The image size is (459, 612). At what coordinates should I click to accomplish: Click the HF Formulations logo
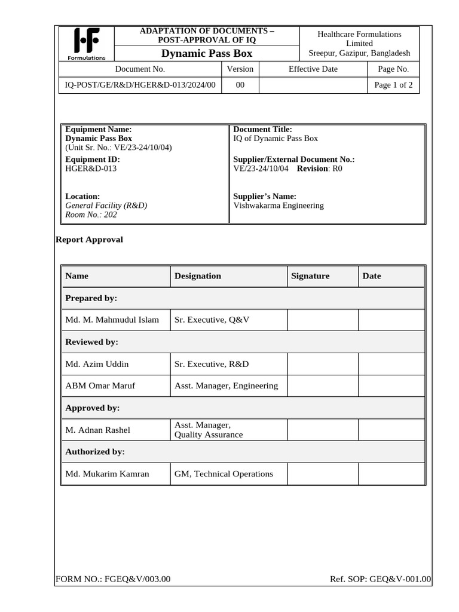point(86,44)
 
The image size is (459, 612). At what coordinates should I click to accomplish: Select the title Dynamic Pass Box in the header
point(207,54)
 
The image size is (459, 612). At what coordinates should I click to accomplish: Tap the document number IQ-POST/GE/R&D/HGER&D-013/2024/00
point(140,85)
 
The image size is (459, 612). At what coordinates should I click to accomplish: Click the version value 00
point(240,85)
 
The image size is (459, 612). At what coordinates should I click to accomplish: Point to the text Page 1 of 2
point(393,85)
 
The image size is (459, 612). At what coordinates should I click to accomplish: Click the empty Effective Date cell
point(313,85)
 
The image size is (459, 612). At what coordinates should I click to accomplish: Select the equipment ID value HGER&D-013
point(91,169)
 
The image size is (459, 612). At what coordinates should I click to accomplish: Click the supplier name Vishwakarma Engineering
point(279,205)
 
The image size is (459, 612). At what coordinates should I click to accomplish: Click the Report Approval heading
point(89,240)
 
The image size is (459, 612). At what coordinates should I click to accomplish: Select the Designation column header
point(197,276)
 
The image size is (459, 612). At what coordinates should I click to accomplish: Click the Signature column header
point(310,276)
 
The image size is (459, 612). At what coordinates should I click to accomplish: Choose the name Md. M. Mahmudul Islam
point(112,320)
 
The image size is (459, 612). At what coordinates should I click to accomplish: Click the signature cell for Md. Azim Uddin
point(322,364)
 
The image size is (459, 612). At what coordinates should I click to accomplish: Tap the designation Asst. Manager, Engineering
point(226,385)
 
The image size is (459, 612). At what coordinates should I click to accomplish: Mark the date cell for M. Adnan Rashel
point(391,430)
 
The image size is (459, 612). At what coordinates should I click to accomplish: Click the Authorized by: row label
point(94,452)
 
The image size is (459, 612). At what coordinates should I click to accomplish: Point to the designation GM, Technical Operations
point(224,474)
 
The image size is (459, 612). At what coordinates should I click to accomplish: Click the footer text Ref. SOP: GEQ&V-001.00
point(380,579)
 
